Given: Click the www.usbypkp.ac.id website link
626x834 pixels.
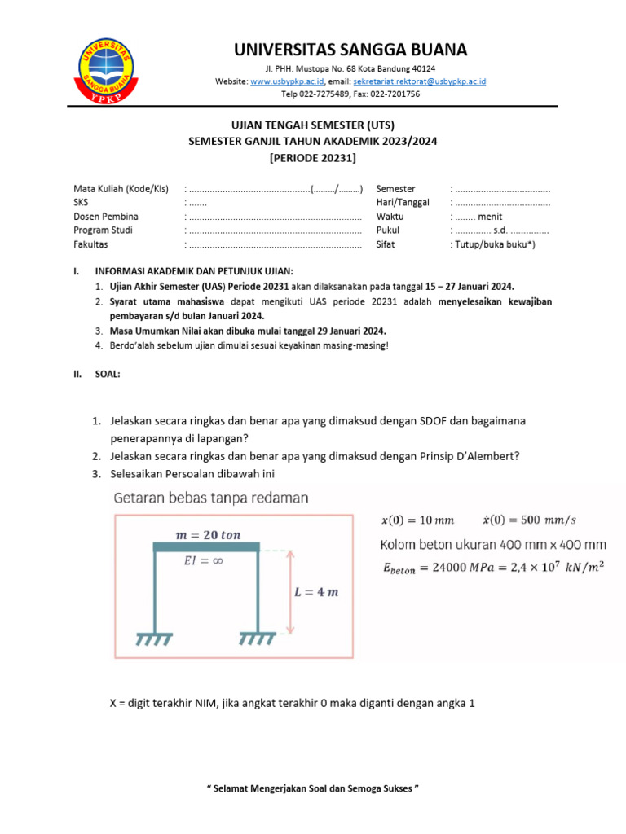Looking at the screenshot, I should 287,81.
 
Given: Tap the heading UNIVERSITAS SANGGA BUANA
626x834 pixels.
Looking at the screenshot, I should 350,50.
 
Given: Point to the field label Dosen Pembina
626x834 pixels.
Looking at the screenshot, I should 106,217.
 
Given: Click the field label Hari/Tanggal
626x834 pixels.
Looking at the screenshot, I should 403,203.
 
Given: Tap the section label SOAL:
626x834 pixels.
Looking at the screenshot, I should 108,375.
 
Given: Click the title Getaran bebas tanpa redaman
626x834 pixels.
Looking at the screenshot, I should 210,497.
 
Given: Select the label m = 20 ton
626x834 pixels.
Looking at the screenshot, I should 209,535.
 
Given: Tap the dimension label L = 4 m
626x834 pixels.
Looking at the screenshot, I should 316,592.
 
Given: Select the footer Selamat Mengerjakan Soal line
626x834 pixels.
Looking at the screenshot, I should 313,788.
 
